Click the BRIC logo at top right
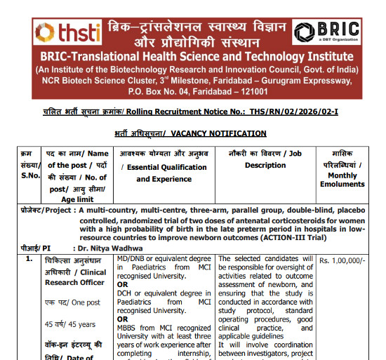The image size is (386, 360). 326,32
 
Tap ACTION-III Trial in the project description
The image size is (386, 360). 324,236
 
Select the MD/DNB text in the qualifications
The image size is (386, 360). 133,259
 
